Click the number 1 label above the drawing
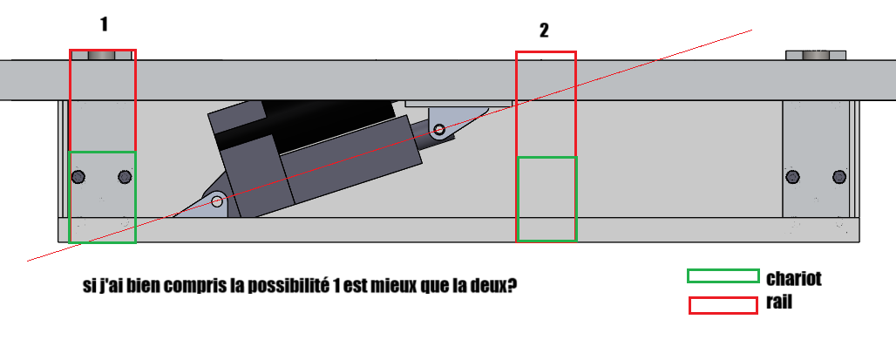[x=104, y=24]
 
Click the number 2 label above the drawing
[x=544, y=31]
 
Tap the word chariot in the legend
[x=794, y=278]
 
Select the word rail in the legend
[x=779, y=302]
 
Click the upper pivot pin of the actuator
[x=439, y=130]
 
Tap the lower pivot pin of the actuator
[x=217, y=201]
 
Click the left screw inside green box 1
[x=78, y=177]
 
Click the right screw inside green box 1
[x=126, y=177]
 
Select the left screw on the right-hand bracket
[x=792, y=177]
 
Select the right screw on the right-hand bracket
[x=838, y=177]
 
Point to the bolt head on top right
[x=816, y=55]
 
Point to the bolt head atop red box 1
[x=102, y=55]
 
